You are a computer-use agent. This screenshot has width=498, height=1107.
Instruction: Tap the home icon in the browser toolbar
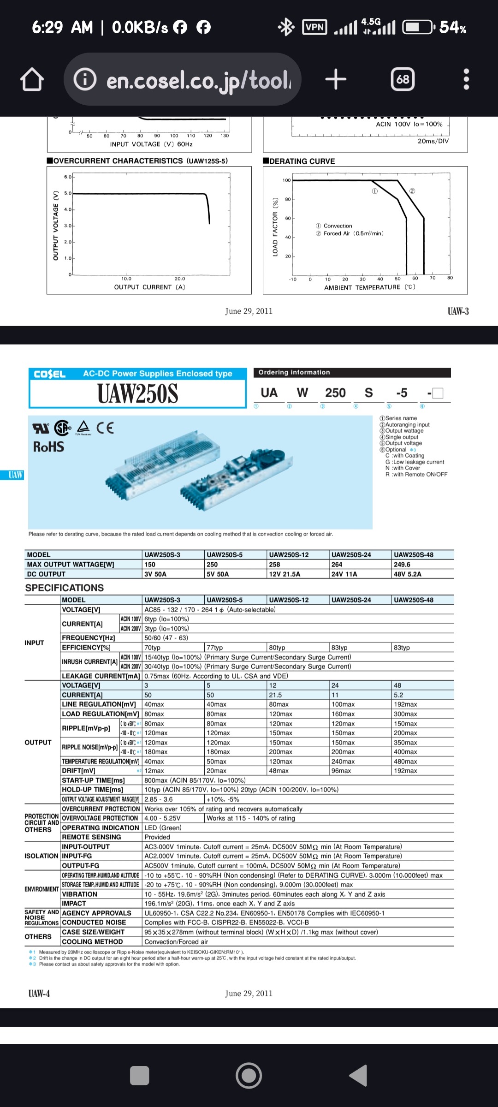click(32, 80)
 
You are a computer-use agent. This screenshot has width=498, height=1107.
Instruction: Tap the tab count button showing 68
click(403, 79)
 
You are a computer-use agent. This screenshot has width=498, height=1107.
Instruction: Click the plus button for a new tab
click(336, 79)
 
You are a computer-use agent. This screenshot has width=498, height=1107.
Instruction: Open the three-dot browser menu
click(466, 79)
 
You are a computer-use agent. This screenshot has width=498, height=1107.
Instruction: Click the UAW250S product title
click(137, 394)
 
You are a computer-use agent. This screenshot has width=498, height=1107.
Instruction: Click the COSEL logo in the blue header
click(50, 374)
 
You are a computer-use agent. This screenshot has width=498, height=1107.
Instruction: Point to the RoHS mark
click(48, 446)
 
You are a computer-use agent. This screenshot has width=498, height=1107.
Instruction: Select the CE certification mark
click(105, 428)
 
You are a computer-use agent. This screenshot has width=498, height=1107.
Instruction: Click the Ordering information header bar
click(352, 372)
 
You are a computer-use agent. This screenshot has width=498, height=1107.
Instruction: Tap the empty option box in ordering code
click(438, 393)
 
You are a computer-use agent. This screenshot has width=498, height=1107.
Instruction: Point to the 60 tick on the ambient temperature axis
click(415, 279)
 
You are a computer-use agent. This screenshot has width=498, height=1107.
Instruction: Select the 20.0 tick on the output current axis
click(180, 279)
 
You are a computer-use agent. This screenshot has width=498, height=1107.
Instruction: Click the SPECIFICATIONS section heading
click(65, 588)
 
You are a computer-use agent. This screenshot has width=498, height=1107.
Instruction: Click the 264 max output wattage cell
click(337, 564)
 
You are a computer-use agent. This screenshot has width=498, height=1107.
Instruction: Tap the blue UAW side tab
click(15, 475)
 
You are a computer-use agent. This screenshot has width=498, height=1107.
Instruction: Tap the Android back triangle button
click(359, 1075)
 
